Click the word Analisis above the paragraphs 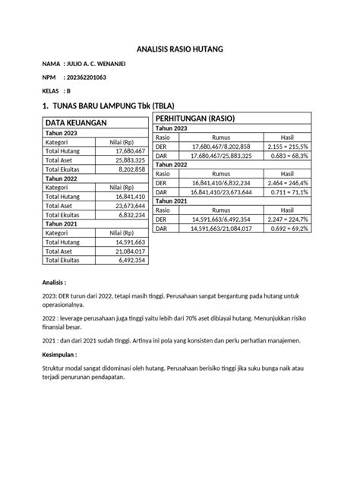55,282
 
